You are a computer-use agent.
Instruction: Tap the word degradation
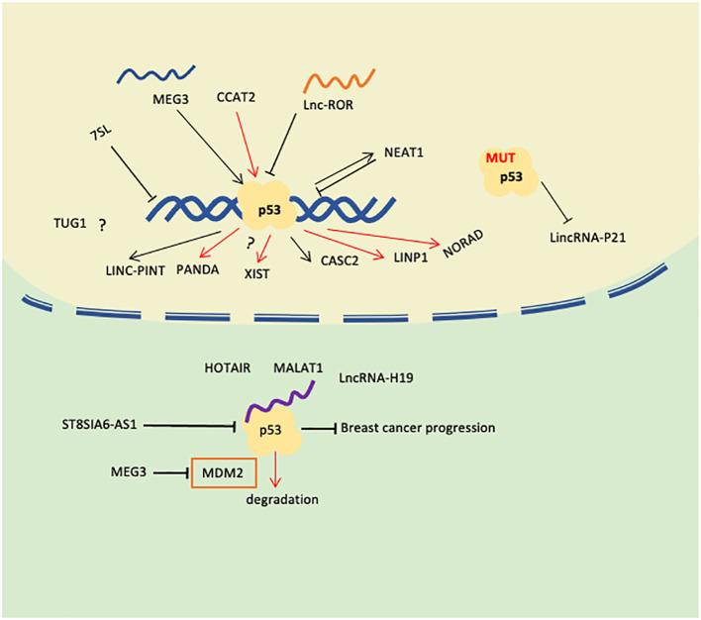coord(283,499)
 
